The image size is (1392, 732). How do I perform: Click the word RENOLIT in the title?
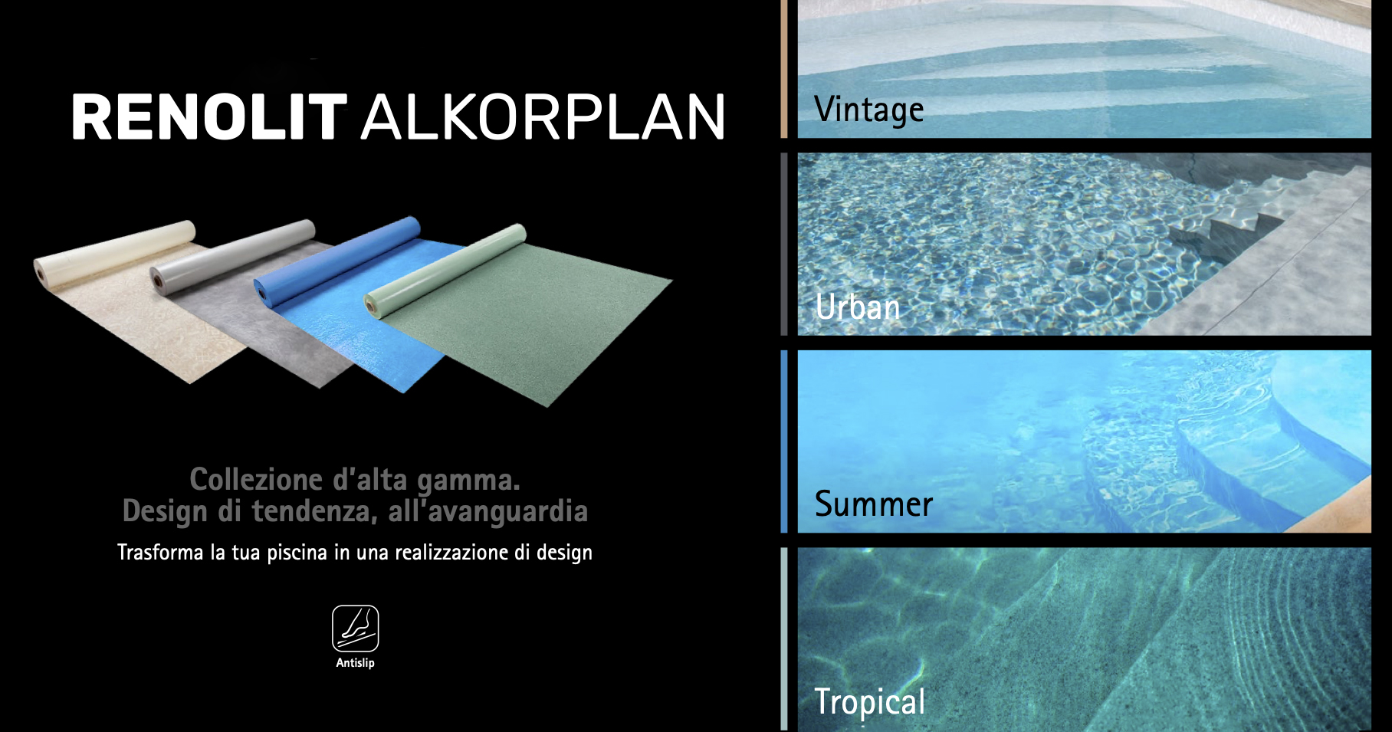coord(209,117)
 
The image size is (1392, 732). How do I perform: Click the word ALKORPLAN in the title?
coord(543,117)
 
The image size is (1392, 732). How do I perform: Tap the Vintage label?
coord(869,110)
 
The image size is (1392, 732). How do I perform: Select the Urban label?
coord(858,307)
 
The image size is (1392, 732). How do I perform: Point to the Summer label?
coord(874,504)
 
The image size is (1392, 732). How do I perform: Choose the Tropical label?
coord(870,702)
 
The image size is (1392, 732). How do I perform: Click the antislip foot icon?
coord(355,629)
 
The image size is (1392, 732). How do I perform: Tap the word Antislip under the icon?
coord(355,663)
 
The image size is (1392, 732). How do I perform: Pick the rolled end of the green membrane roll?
coord(372,304)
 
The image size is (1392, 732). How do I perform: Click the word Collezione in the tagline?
coord(256,480)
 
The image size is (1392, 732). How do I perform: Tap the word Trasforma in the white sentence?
coord(160,553)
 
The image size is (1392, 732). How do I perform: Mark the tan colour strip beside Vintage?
coord(784,69)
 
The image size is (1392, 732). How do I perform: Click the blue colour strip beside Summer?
coord(784,441)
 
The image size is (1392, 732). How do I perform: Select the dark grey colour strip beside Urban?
coord(784,244)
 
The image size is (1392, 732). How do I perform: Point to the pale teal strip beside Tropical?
coord(784,639)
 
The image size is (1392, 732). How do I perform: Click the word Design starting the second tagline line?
coord(165,512)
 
